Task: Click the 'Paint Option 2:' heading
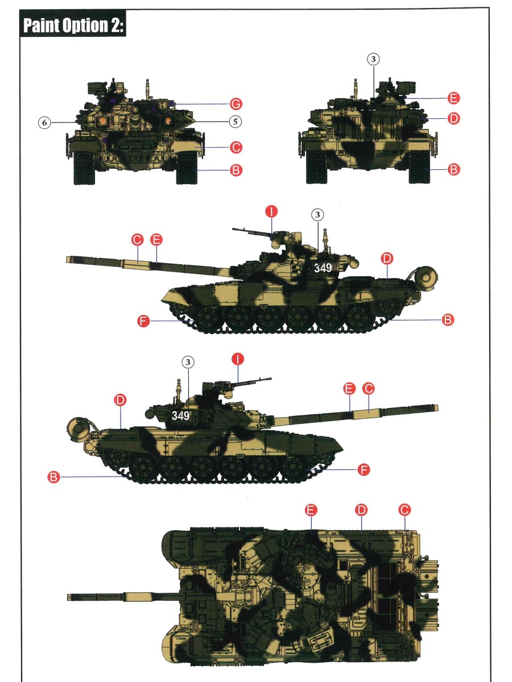coord(74,25)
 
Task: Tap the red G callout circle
coord(236,104)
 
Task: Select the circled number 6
coord(44,123)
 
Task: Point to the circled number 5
coord(236,122)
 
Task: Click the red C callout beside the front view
coord(236,147)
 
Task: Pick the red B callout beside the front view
coord(236,170)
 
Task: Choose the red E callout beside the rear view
coord(453,98)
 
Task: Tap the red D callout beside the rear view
coord(453,118)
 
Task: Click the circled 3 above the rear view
coord(373,59)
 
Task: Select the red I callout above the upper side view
coord(271,211)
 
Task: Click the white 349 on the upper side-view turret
coord(323,268)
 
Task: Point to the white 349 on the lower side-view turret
coord(180,415)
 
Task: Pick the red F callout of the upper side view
coord(143,321)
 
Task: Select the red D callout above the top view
coord(361,510)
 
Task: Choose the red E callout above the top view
coord(311,510)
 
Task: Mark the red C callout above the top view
coord(404,510)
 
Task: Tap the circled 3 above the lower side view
coord(188,362)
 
